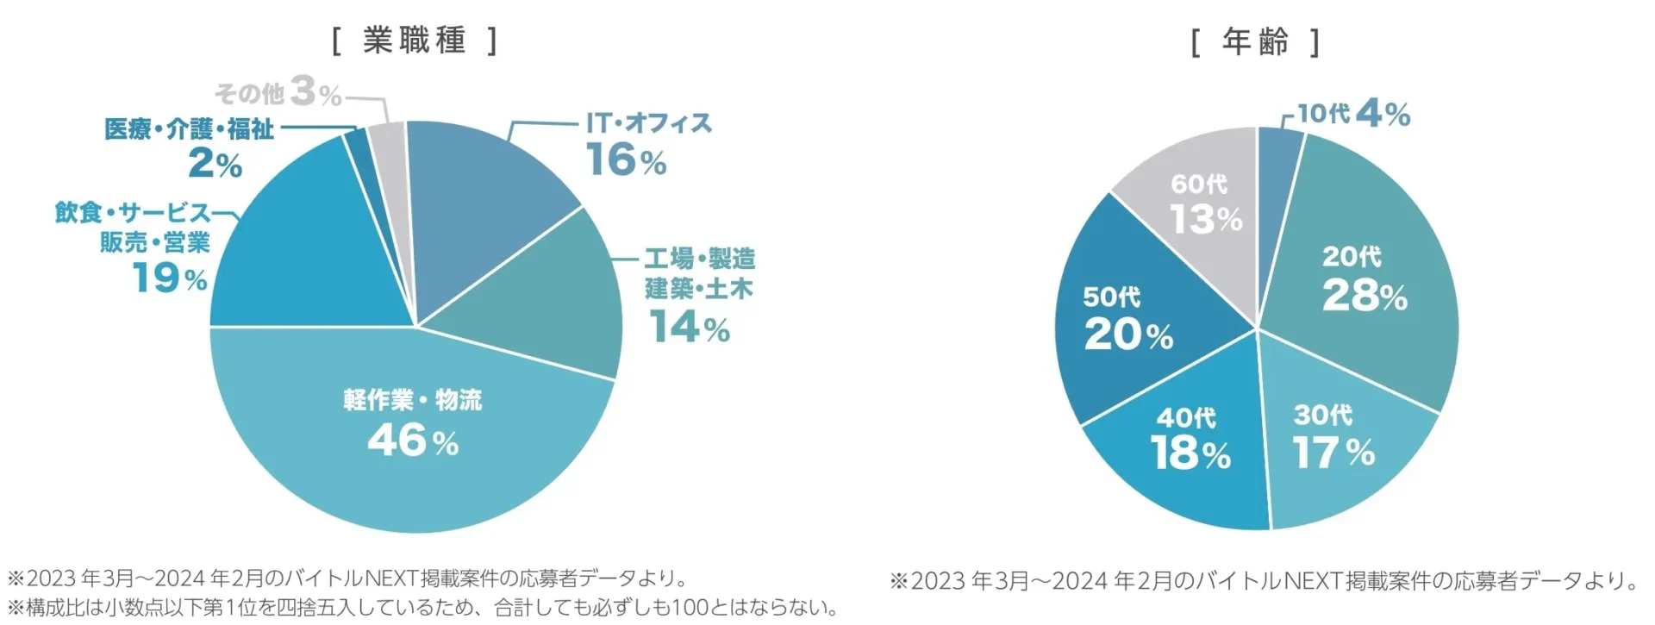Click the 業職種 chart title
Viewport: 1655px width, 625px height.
pos(414,41)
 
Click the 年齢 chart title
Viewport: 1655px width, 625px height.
pos(1255,41)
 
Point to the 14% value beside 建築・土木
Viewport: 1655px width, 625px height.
pos(690,328)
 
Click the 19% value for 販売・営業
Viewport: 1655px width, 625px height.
pos(170,278)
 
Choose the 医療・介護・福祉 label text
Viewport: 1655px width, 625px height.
pos(190,129)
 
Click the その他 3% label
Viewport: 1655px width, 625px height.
pos(278,91)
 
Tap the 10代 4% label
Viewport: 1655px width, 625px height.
pos(1353,113)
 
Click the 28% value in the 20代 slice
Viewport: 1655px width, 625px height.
pos(1365,296)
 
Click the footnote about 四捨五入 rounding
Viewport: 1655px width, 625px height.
pos(422,608)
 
